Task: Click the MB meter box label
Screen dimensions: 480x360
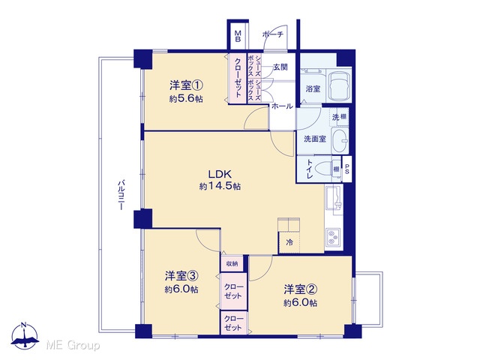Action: pyautogui.click(x=238, y=37)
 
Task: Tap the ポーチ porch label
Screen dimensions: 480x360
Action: pyautogui.click(x=273, y=34)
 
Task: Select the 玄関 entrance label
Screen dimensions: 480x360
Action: pyautogui.click(x=280, y=67)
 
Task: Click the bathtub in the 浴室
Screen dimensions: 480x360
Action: pyautogui.click(x=338, y=87)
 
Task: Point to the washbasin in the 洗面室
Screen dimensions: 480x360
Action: pyautogui.click(x=340, y=141)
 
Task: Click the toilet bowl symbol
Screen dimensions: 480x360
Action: pyautogui.click(x=323, y=169)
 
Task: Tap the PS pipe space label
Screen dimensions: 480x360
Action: pyautogui.click(x=346, y=169)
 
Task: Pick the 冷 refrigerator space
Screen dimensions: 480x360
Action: pyautogui.click(x=289, y=242)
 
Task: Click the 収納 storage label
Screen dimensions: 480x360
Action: pyautogui.click(x=232, y=263)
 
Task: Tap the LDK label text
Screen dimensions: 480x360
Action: pyautogui.click(x=220, y=175)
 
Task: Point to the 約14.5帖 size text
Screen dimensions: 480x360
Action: pyautogui.click(x=220, y=186)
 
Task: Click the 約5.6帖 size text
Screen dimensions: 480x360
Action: pyautogui.click(x=186, y=99)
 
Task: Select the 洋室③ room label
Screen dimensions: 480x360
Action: pyautogui.click(x=181, y=276)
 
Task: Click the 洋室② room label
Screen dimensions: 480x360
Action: pyautogui.click(x=300, y=289)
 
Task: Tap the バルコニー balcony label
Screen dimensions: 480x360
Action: pyautogui.click(x=121, y=195)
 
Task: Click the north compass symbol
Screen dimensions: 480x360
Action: pyautogui.click(x=25, y=336)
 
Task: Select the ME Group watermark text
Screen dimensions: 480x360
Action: pyautogui.click(x=73, y=346)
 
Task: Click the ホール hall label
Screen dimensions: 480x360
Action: pyautogui.click(x=282, y=106)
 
